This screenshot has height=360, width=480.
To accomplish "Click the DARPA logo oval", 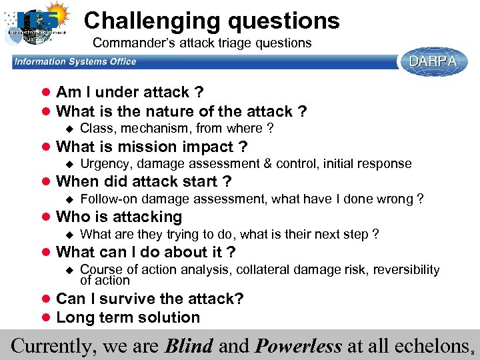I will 433,62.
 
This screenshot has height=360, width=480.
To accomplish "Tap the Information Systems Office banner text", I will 75,62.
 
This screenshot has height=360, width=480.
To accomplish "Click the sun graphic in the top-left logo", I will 51,14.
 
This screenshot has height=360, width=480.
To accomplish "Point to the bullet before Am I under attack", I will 46,93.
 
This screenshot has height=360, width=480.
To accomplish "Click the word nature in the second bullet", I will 156,111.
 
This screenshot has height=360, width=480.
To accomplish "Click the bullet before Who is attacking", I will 46,217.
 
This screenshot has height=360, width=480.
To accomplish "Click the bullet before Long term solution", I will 46,318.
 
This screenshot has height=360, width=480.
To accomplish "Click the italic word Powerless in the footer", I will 298,346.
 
